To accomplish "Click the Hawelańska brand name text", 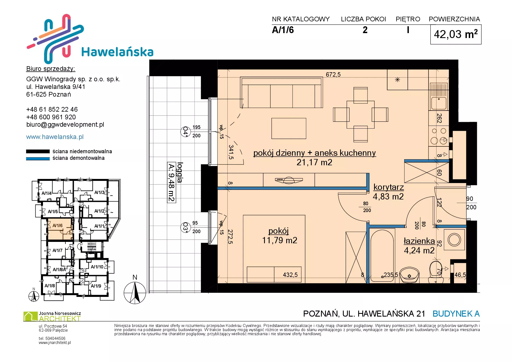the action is (x=117, y=52).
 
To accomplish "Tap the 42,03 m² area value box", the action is (x=456, y=34).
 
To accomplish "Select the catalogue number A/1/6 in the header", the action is (x=283, y=30).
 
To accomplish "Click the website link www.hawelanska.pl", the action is (x=55, y=137).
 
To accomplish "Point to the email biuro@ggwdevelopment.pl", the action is (x=65, y=124).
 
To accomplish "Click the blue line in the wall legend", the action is (x=38, y=159).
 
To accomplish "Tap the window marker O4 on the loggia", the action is (x=185, y=132).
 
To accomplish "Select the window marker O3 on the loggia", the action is (x=185, y=227).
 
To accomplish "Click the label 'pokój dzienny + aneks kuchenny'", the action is (x=314, y=153).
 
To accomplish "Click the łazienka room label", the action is (x=419, y=241).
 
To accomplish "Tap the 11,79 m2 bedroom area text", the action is (x=280, y=240).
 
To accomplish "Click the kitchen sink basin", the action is (x=439, y=103).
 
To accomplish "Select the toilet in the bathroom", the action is (x=436, y=271).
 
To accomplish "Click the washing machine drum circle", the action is (x=454, y=240).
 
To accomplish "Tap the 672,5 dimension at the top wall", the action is (x=333, y=74).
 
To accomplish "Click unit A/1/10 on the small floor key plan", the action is (x=97, y=267).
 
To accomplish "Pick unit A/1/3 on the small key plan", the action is (x=99, y=192).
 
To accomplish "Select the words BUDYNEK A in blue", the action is (x=456, y=314).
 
